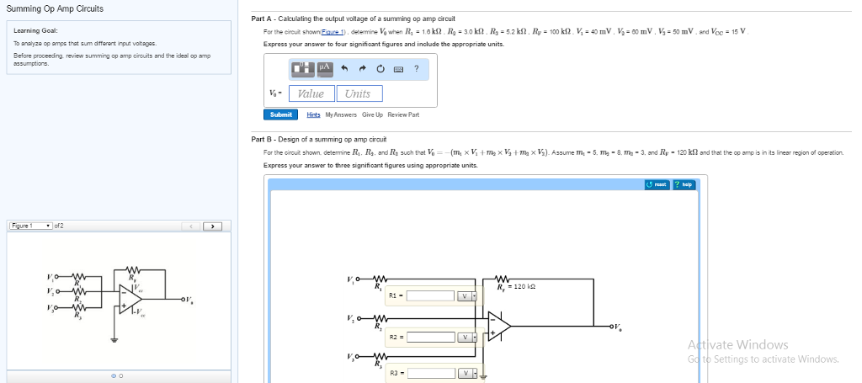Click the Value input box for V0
click(x=311, y=93)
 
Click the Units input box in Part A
click(x=358, y=93)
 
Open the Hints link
click(x=313, y=114)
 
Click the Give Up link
click(x=372, y=114)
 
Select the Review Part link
click(x=403, y=114)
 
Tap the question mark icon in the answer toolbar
click(x=416, y=69)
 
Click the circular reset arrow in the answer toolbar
click(x=380, y=69)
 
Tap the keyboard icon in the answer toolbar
click(x=398, y=69)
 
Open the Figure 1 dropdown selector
click(x=30, y=226)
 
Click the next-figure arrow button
click(x=212, y=226)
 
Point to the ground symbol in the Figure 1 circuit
click(x=115, y=340)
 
